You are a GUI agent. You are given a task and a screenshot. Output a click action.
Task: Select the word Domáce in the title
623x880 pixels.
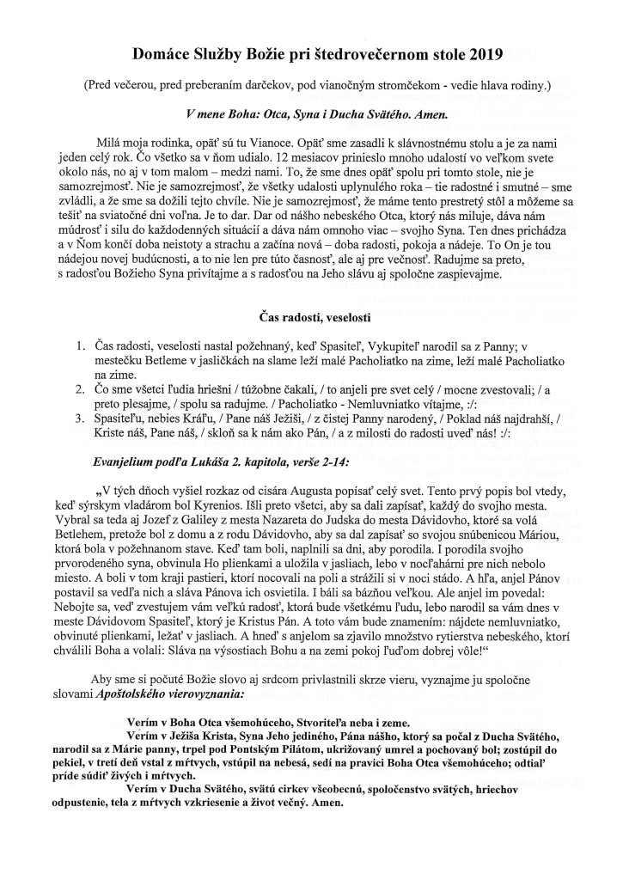pos(160,56)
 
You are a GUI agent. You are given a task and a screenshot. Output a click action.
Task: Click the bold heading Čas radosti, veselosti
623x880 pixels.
pos(311,321)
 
